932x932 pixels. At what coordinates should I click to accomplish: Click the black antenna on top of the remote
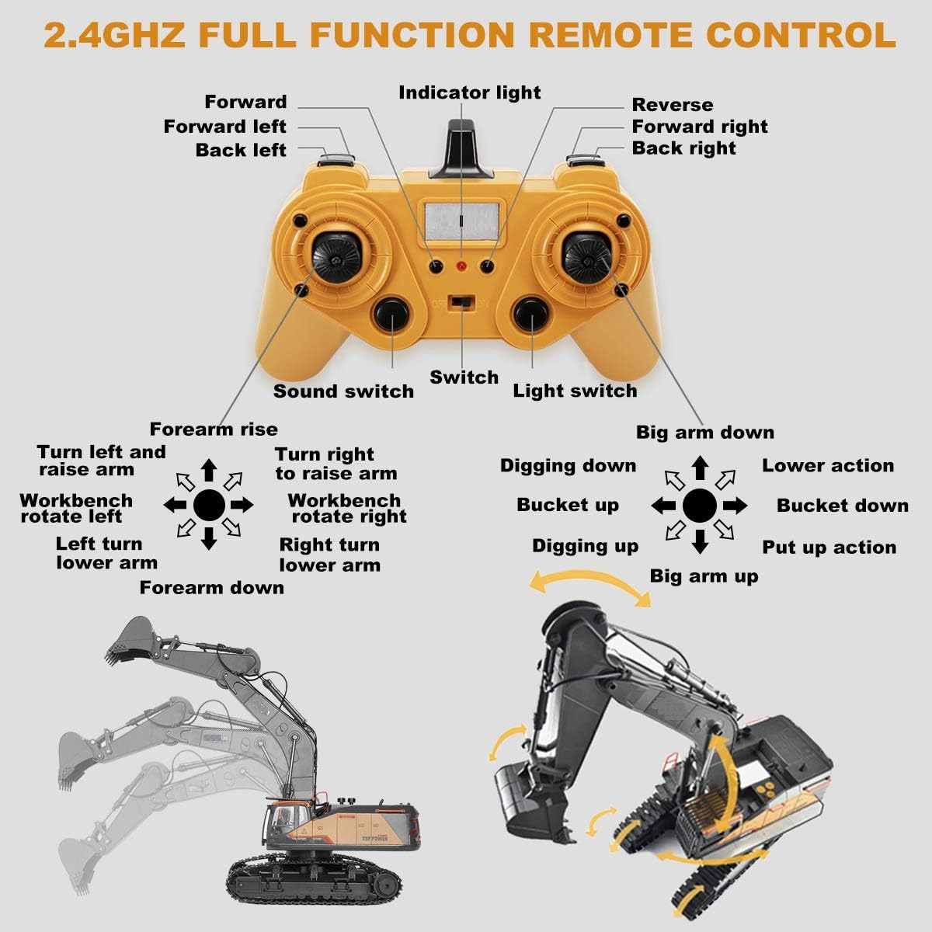461,151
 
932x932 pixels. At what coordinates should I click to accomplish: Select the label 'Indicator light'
469,93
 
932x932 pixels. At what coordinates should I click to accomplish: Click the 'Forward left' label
225,127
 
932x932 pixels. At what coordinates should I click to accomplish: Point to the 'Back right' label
683,148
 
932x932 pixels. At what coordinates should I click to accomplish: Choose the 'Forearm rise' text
214,429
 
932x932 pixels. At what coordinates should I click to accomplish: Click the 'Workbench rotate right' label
346,509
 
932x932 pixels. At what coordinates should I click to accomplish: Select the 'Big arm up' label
704,576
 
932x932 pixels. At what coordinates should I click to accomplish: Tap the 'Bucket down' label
842,506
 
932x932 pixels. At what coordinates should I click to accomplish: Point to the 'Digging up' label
585,547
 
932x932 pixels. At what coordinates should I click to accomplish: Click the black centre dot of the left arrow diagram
208,505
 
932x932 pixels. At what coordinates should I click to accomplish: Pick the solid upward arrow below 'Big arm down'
700,468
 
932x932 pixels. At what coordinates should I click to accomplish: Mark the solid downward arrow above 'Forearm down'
208,538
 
